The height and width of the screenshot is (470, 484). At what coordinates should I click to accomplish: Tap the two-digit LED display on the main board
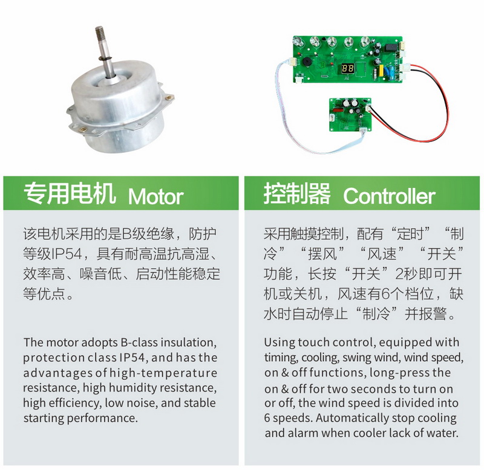point(347,68)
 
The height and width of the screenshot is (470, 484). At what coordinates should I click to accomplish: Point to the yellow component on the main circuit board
point(381,70)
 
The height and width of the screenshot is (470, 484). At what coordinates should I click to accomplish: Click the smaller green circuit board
point(351,114)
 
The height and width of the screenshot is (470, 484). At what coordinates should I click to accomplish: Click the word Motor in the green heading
point(155,196)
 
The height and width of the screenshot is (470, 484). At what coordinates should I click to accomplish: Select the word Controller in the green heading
point(389,196)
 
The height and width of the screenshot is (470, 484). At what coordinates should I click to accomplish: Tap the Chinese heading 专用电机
point(70,194)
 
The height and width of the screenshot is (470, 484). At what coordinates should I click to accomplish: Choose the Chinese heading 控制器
point(297,194)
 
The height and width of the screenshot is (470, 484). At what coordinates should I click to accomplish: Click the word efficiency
point(62,403)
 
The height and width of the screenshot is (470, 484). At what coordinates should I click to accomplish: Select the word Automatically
point(352,419)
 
